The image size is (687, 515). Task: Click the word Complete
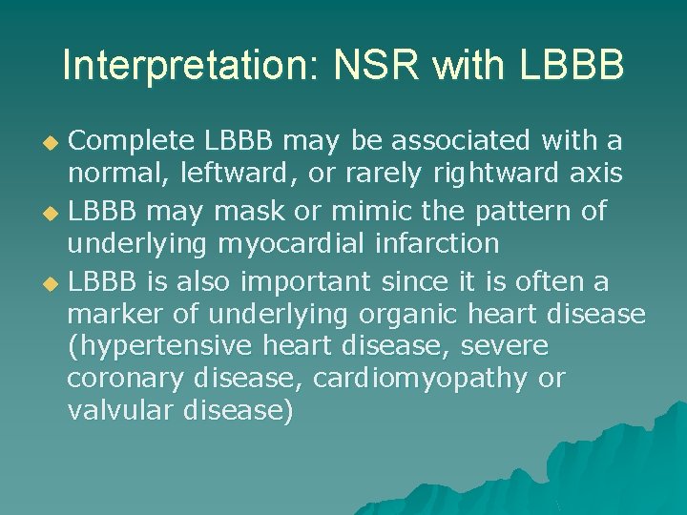coord(135,141)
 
